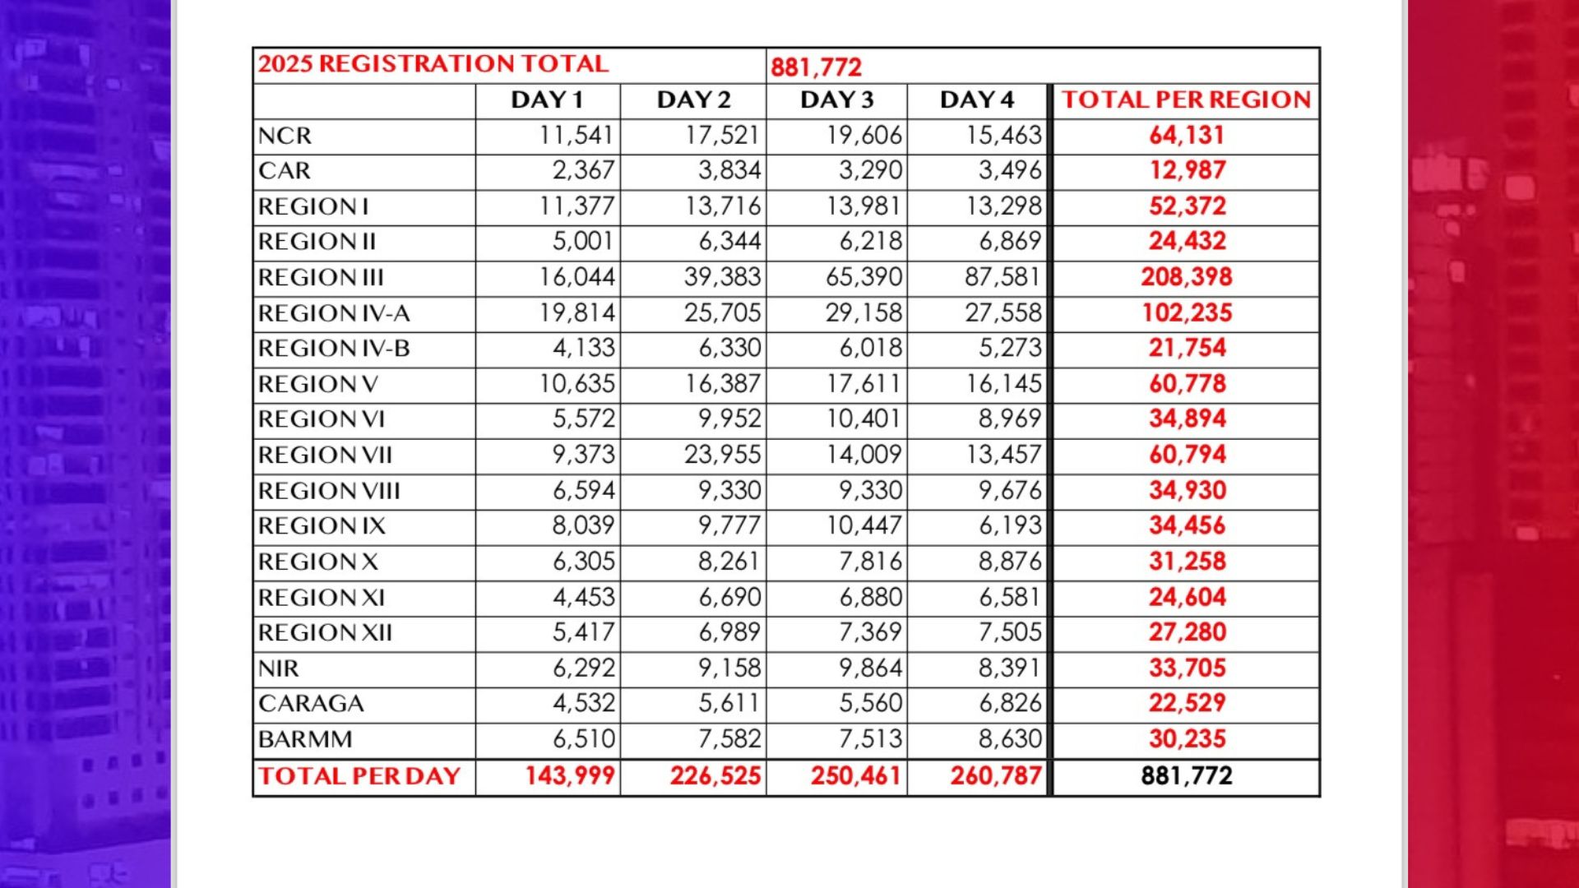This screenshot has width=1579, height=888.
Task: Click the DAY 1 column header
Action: pos(547,100)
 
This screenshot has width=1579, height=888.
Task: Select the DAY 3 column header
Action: pos(836,100)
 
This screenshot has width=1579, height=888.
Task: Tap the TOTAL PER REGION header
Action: pos(1186,100)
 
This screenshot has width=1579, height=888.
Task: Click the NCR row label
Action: pos(285,136)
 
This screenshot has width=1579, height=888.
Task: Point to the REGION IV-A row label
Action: pos(333,313)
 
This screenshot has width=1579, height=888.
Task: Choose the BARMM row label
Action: pos(305,739)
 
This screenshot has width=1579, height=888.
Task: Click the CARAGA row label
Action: pos(311,704)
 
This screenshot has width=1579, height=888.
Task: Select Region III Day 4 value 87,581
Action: pos(1003,277)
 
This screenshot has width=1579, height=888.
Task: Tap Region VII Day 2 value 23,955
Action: pos(722,455)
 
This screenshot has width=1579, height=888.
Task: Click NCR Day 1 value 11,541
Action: pos(576,136)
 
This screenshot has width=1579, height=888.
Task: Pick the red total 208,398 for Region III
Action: pos(1186,277)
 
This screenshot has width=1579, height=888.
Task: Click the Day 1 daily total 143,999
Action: pos(570,776)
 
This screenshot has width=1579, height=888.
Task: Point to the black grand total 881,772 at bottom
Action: pos(1186,776)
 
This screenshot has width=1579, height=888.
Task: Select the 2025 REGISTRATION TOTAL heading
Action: pos(433,64)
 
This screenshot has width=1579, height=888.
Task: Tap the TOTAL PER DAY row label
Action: pos(359,776)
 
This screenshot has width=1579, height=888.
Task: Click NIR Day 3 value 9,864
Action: pos(870,668)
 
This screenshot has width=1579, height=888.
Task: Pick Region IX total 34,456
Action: pos(1187,526)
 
